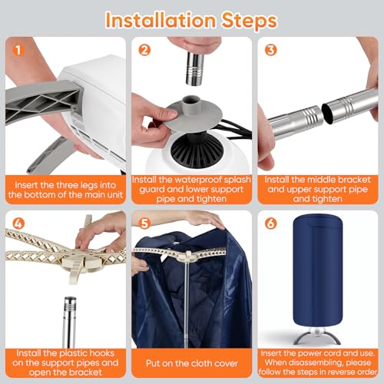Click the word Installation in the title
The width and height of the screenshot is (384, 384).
click(x=161, y=20)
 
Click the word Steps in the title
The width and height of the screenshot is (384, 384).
click(x=249, y=21)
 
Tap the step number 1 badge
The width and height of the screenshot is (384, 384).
click(x=18, y=50)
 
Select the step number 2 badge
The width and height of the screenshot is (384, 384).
click(x=144, y=50)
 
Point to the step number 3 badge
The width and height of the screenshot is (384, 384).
click(x=270, y=50)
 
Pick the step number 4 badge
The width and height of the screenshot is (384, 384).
click(x=18, y=223)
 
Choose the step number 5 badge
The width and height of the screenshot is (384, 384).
click(x=144, y=223)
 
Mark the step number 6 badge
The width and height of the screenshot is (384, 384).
click(x=270, y=223)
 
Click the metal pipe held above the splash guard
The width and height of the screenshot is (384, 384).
click(x=195, y=68)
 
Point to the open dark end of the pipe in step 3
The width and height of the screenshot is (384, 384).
click(x=327, y=114)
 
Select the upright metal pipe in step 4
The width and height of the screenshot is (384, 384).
click(x=70, y=322)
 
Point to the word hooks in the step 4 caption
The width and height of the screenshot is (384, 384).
click(x=101, y=353)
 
